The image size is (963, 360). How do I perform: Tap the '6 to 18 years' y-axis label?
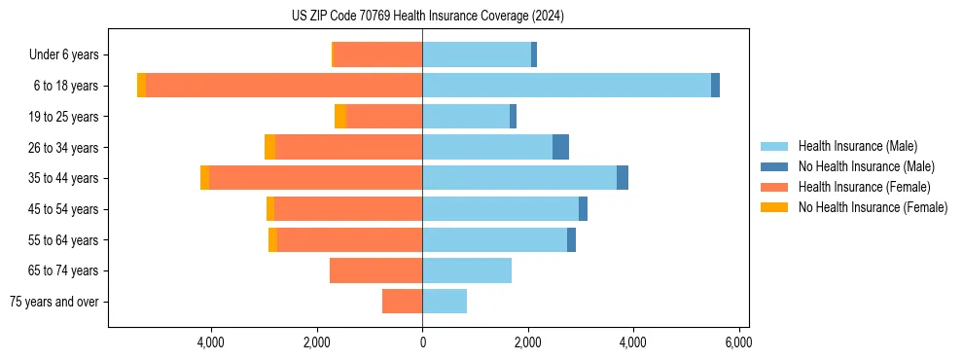tap(65, 86)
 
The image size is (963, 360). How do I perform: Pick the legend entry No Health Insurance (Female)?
tap(872, 207)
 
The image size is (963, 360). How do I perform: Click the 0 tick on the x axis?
tap(422, 342)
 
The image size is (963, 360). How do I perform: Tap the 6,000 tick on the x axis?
tap(738, 342)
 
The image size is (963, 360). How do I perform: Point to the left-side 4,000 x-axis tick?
tap(211, 342)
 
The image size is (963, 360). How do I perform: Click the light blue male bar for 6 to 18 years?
tap(566, 86)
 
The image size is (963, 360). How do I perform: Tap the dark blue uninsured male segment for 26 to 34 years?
tap(560, 147)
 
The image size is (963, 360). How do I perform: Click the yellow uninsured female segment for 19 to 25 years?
tap(340, 117)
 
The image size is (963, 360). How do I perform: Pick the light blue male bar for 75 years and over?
tap(445, 302)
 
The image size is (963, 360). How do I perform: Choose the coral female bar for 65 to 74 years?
tap(375, 270)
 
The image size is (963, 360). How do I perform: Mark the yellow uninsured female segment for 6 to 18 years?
tap(141, 86)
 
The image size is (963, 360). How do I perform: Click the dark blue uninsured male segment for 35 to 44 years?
tap(623, 178)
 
